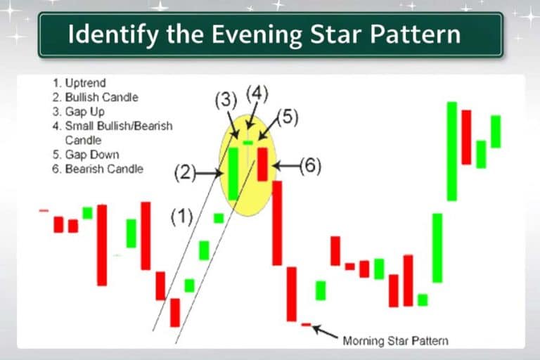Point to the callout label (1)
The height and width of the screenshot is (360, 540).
[181, 217]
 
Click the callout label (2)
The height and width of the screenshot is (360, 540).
[184, 172]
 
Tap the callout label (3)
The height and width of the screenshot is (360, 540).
[225, 99]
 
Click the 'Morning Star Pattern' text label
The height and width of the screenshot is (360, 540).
[395, 341]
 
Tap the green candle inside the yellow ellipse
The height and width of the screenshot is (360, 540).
[233, 174]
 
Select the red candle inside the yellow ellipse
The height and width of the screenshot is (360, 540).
[262, 164]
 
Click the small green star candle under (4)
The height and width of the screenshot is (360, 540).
[247, 143]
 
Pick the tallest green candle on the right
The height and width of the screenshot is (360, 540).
[451, 151]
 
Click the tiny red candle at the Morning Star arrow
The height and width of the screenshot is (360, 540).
[305, 324]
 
